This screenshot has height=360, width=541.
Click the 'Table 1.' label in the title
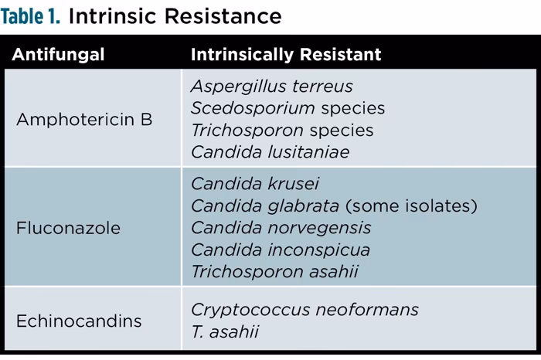tap(32, 15)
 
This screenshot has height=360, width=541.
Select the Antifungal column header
tap(58, 55)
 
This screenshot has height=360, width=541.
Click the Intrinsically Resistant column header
tap(285, 55)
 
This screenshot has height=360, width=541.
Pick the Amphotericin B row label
tap(84, 120)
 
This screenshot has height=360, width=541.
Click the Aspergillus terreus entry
tap(271, 87)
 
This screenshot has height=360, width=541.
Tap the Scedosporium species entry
tap(288, 108)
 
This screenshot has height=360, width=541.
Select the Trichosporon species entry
tap(282, 130)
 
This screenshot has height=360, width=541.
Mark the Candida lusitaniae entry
tap(270, 152)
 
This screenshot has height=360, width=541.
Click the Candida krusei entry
tap(254, 185)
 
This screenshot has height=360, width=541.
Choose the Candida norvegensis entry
tap(281, 229)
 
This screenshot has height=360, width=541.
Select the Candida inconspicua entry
tap(280, 250)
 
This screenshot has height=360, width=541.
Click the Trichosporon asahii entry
tap(274, 272)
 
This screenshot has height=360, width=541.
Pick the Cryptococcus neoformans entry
tap(305, 310)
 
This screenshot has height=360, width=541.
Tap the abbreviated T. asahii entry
tap(224, 332)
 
